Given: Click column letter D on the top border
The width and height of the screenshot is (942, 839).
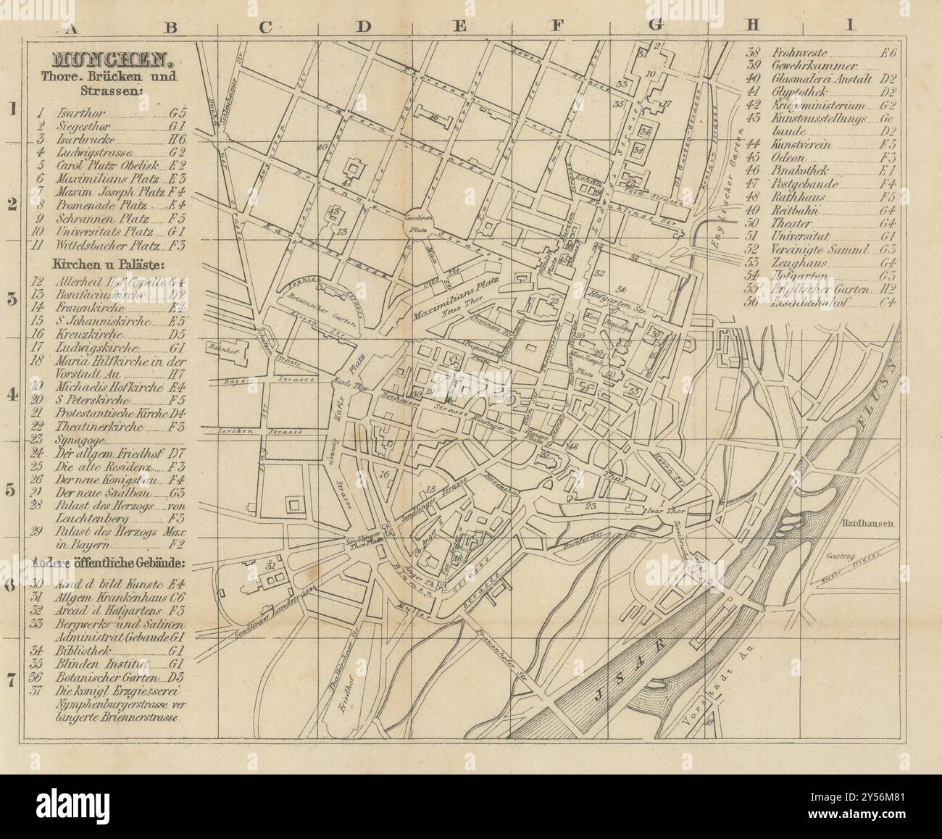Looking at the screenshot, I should click(x=362, y=28).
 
